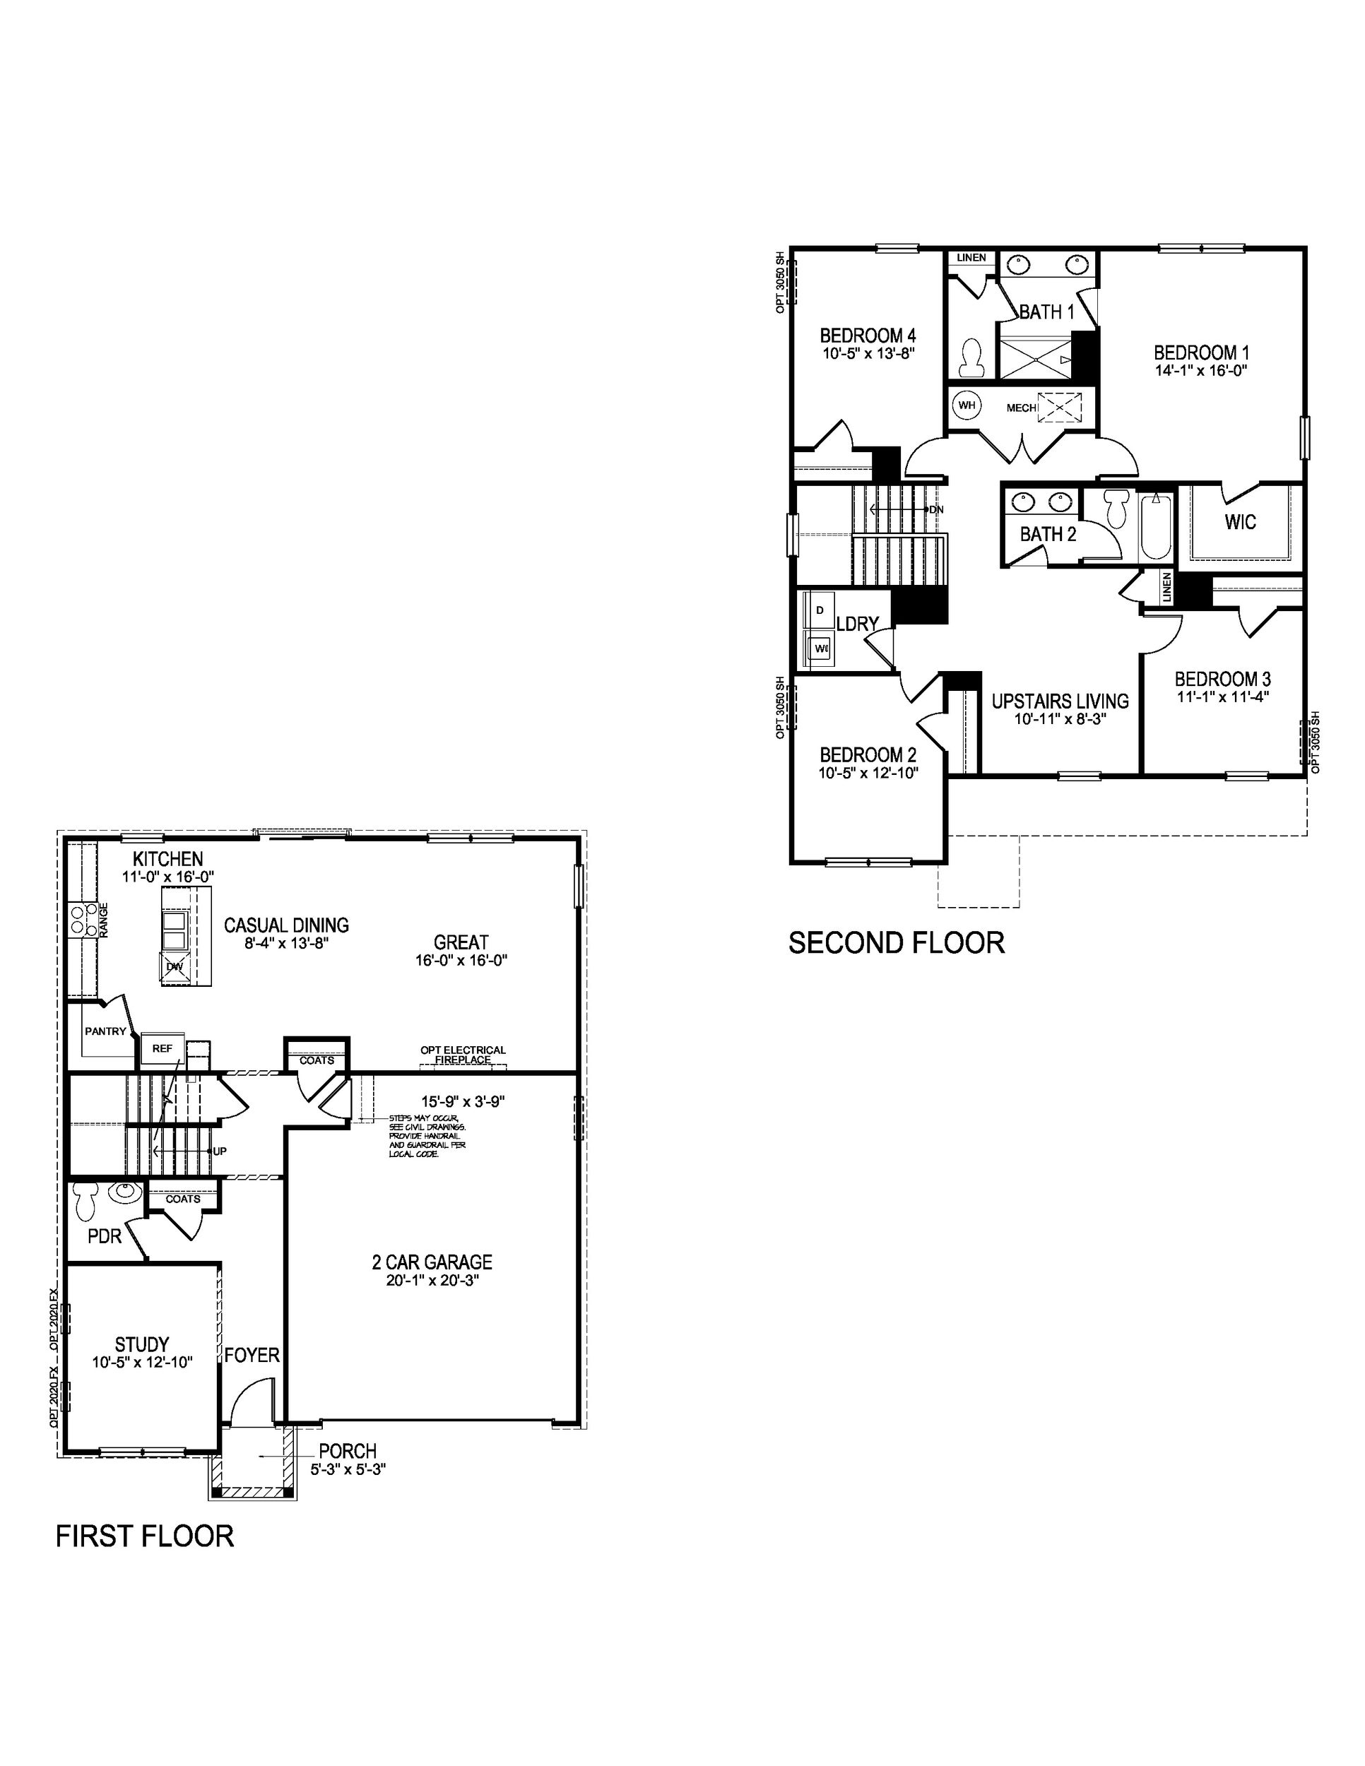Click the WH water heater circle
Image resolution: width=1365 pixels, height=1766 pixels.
click(967, 405)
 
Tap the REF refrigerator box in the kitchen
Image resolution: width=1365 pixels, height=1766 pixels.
click(162, 1048)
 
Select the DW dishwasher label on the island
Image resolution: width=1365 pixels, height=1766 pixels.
click(175, 966)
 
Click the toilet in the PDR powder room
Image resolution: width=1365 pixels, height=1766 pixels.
click(85, 1202)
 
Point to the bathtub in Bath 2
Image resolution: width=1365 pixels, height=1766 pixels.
click(1154, 526)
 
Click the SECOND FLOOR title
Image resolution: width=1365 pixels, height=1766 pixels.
click(896, 943)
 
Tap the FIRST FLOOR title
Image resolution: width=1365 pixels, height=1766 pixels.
click(145, 1536)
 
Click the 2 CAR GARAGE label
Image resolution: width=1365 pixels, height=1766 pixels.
click(432, 1262)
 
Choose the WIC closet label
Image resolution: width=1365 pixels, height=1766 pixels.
click(1240, 521)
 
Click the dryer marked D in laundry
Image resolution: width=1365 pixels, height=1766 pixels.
click(820, 610)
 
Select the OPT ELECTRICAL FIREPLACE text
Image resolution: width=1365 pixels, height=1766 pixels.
click(463, 1055)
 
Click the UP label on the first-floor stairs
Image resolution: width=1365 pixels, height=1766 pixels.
click(219, 1151)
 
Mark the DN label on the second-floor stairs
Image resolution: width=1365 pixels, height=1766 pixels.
click(935, 509)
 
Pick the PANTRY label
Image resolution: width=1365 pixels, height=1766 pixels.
click(105, 1031)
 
